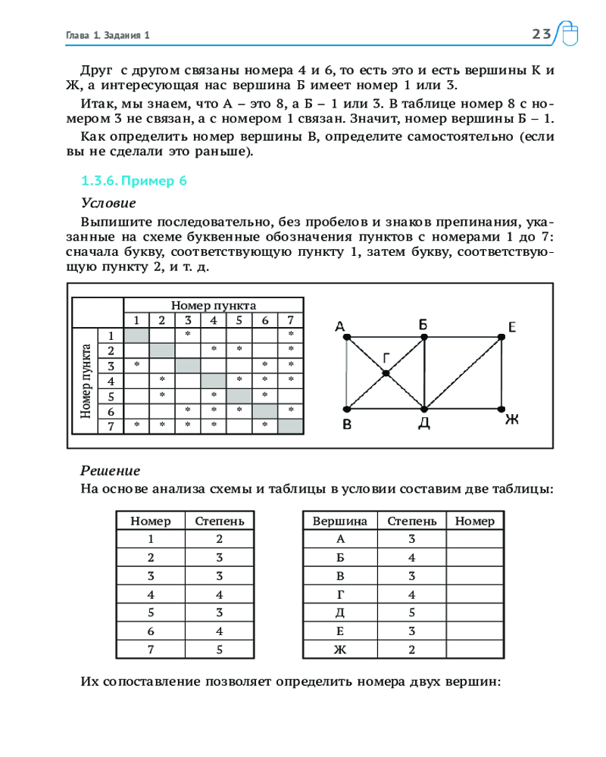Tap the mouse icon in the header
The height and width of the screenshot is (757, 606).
point(569,35)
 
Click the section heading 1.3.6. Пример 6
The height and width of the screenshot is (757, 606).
point(133,181)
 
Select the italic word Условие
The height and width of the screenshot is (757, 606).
point(108,203)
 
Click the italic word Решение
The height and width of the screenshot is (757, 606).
point(110,470)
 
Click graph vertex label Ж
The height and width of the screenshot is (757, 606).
point(512,419)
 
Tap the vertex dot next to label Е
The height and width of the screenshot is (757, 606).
point(501,336)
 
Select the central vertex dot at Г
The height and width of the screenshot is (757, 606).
point(386,372)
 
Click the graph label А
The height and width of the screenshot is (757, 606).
point(340,327)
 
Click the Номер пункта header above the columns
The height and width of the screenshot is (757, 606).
point(213,305)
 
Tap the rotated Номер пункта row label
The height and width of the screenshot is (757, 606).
point(86,381)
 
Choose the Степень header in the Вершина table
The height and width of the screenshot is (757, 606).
point(411,521)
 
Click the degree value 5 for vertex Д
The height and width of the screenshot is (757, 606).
point(411,612)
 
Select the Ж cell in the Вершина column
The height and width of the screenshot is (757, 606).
point(339,648)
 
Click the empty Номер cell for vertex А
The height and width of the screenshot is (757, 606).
point(475,539)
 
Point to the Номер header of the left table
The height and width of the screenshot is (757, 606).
point(151,521)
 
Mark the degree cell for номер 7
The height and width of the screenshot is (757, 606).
point(219,648)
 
